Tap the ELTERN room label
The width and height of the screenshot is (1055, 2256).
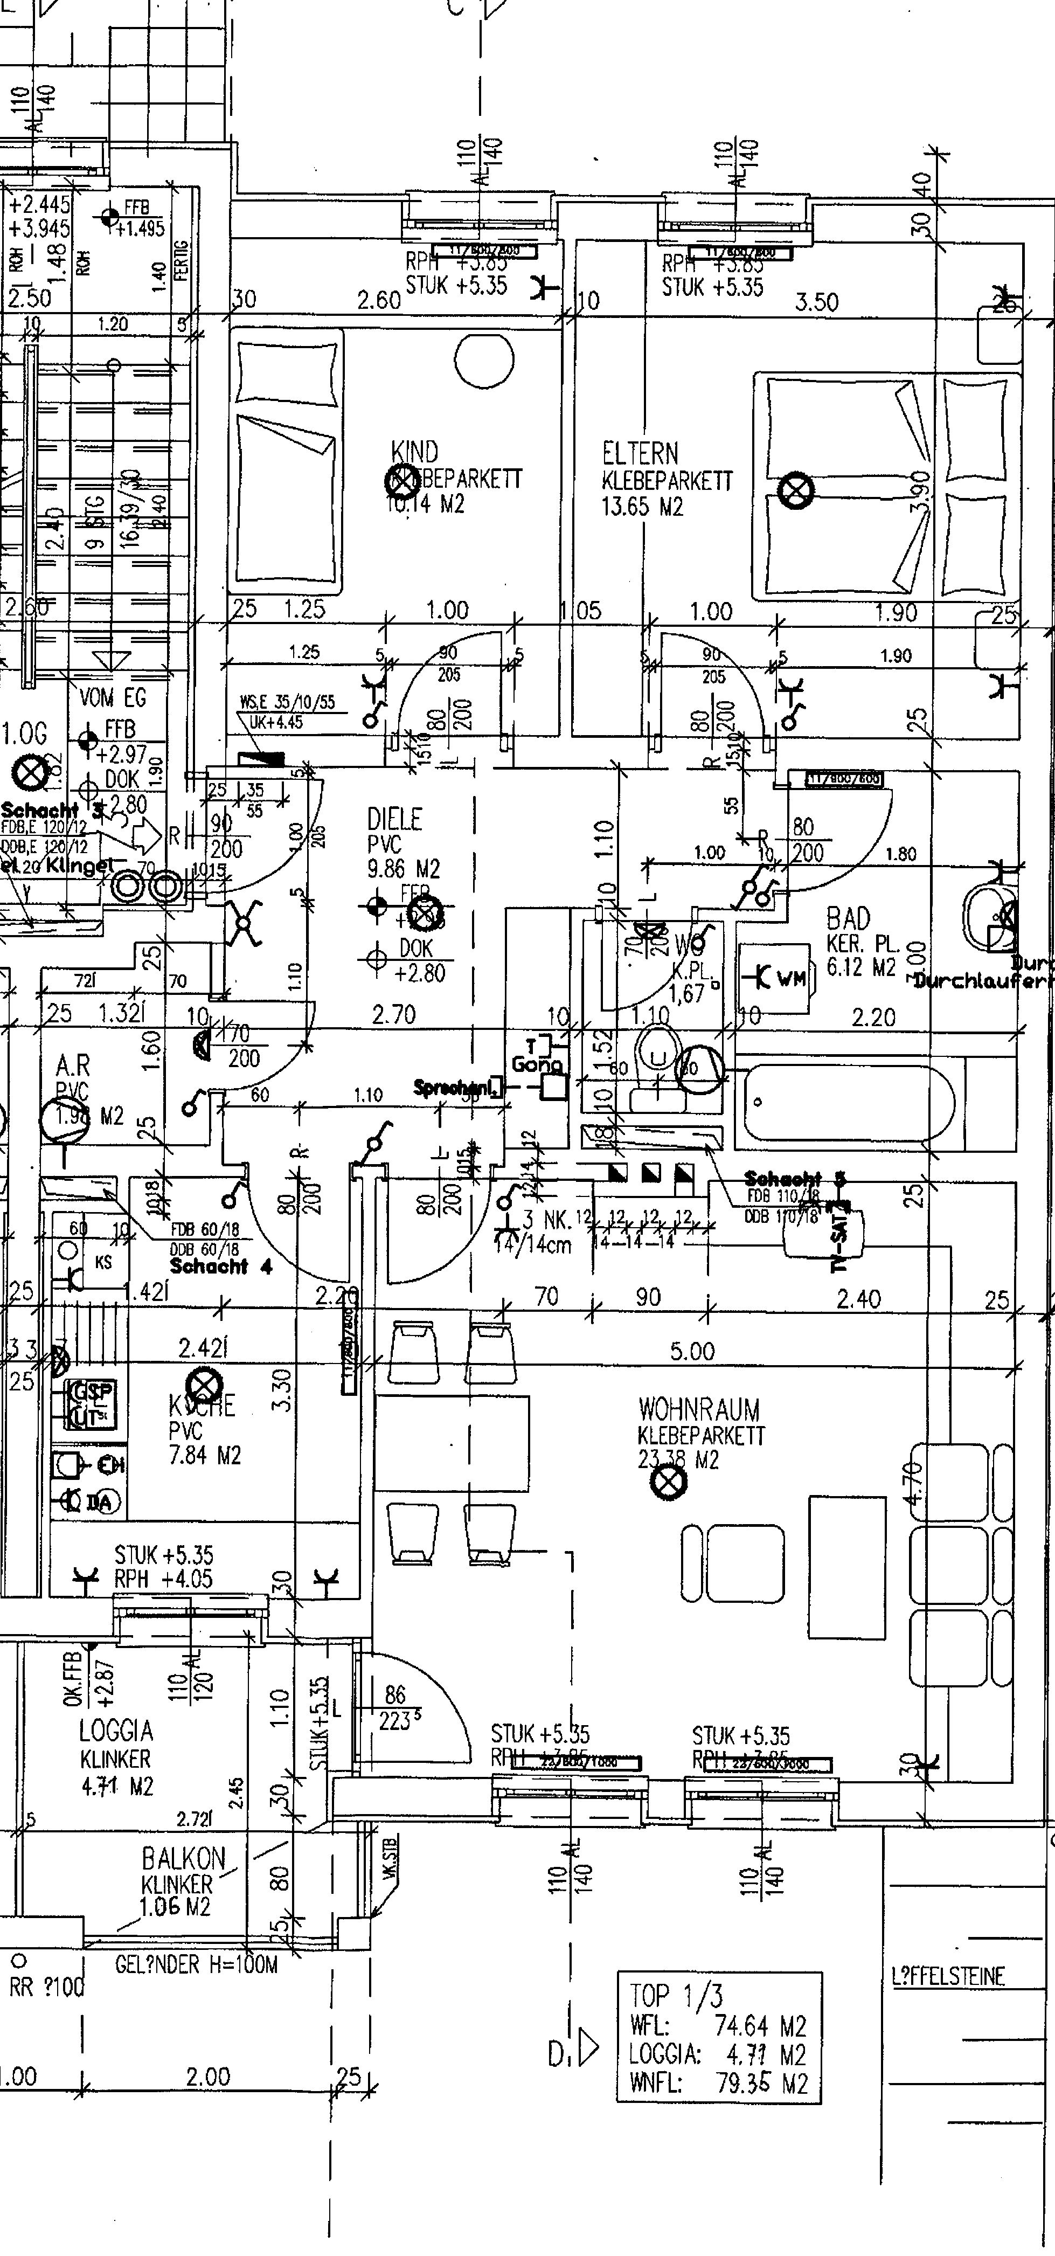[640, 454]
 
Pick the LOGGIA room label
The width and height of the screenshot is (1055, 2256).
[116, 1729]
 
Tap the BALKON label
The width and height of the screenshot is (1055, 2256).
[184, 1858]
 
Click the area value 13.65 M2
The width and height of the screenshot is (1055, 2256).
[642, 506]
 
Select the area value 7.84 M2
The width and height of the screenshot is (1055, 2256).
[205, 1455]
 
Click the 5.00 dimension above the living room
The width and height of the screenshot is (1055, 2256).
[692, 1351]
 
